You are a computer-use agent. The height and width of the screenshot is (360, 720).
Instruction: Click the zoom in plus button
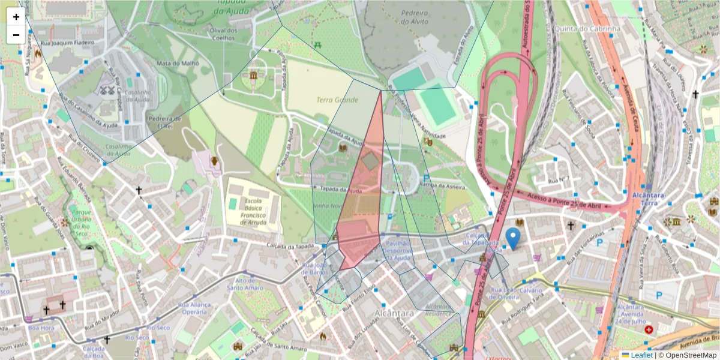point(16,17)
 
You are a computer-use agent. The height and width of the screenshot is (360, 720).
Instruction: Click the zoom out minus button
point(16,35)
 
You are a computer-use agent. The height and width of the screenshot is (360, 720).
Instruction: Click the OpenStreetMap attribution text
point(688,355)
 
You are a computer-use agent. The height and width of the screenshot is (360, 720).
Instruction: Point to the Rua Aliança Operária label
point(193,308)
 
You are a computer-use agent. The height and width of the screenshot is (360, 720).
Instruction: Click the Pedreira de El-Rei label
point(160,122)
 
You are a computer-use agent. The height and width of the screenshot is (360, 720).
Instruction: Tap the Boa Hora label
point(41,328)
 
